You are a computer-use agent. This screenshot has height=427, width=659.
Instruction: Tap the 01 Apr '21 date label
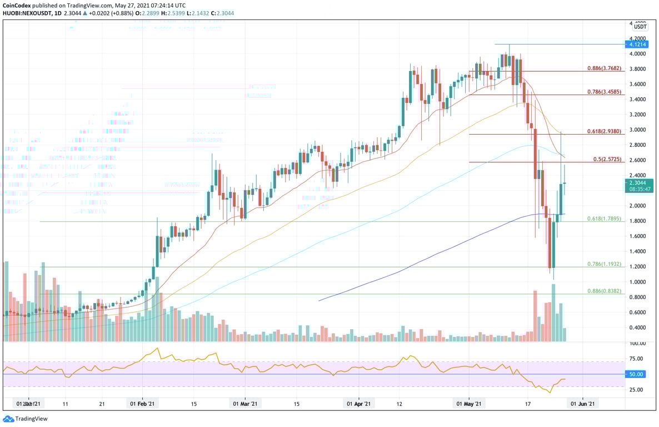point(360,404)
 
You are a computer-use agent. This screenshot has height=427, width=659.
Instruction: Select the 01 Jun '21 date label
point(582,404)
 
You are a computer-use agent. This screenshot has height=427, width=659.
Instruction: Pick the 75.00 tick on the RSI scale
point(637,359)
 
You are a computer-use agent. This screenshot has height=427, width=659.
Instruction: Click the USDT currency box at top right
point(641,27)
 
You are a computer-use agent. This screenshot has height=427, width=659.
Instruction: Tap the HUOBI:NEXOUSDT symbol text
point(25,13)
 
